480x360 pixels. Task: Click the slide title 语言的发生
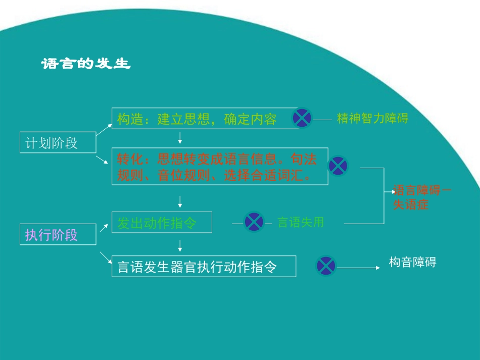[x=86, y=65]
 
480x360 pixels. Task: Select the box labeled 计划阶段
[x=58, y=143]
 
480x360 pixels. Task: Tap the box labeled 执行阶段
[x=58, y=235]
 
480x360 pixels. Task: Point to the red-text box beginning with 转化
[x=220, y=167]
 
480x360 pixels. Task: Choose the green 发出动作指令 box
[x=162, y=223]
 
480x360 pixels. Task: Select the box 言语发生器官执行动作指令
[x=204, y=266]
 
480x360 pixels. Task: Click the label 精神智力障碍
[x=372, y=119]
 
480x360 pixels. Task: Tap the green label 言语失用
[x=301, y=222]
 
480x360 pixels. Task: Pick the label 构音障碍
[x=412, y=262]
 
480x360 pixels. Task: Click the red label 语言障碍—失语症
[x=422, y=197]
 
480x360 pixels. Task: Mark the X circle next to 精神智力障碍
[x=302, y=118]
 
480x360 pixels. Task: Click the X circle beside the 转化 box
[x=338, y=166]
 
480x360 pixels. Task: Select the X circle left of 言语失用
[x=254, y=222]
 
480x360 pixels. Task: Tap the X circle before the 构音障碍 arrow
[x=326, y=266]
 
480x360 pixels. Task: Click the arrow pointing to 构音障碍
[x=359, y=268]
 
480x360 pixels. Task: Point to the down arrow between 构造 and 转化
[x=180, y=138]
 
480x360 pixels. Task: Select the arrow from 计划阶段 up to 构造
[x=104, y=130]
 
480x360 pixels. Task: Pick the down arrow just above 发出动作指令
[x=180, y=202]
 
